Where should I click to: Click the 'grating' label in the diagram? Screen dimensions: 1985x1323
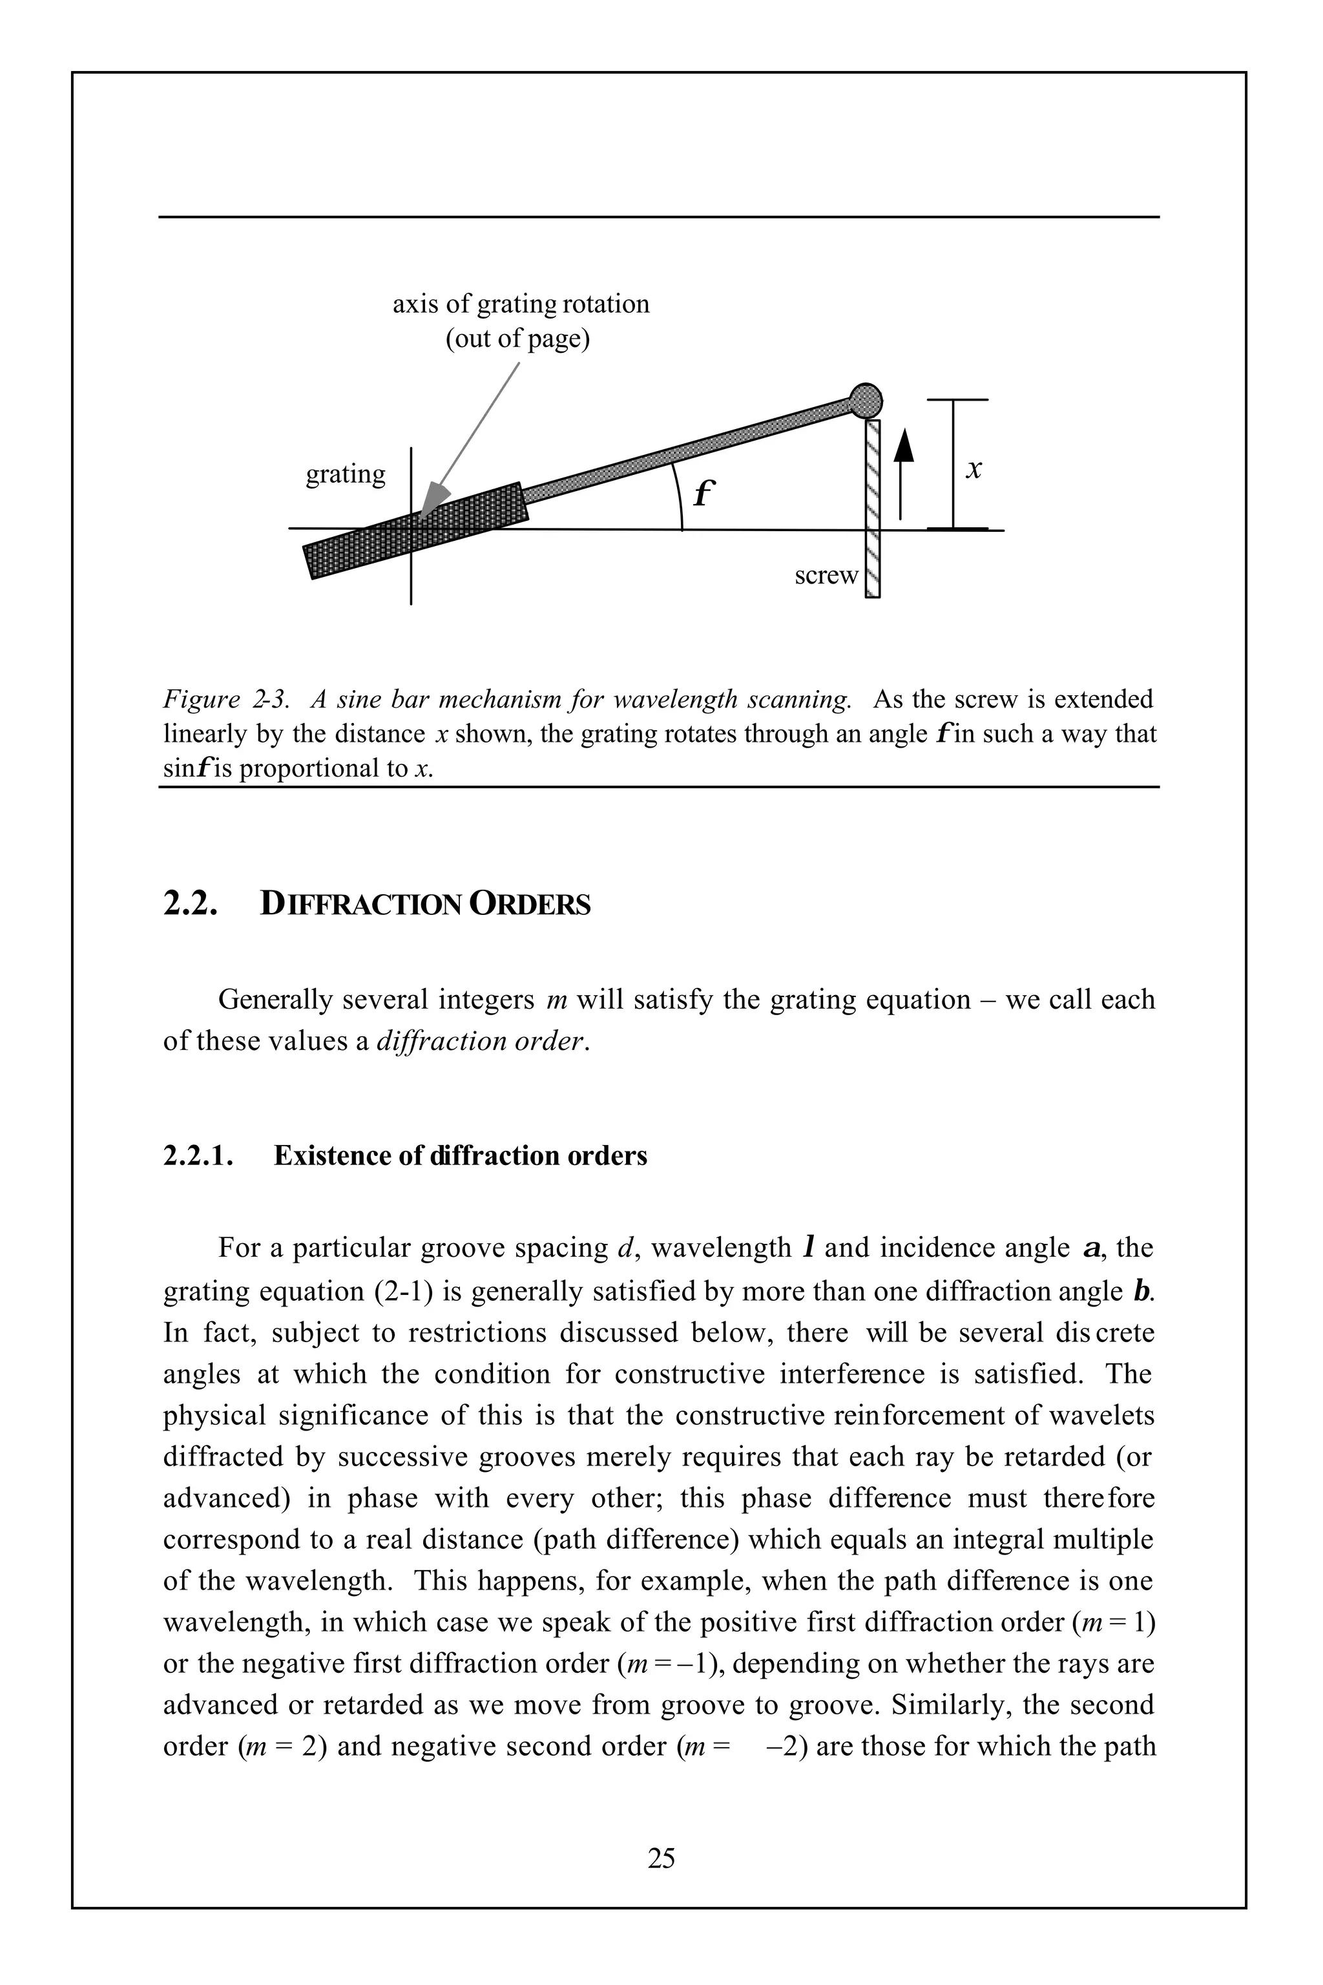coord(345,474)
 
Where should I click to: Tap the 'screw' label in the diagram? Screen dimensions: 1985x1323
coord(825,576)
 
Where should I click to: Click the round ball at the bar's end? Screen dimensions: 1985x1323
coord(865,400)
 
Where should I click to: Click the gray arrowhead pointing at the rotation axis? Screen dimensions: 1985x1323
coord(435,498)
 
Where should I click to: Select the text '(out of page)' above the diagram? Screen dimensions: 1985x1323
coord(517,339)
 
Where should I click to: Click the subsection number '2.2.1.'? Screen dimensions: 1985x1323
coord(196,1155)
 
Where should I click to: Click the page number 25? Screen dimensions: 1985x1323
coord(661,1858)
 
